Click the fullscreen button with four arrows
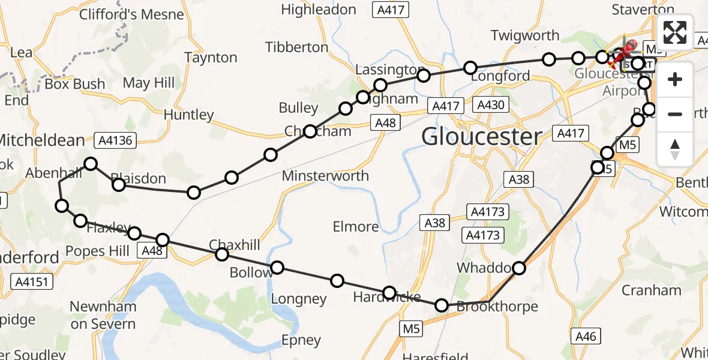coord(675,32)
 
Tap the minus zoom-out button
coord(675,114)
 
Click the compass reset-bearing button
coord(675,149)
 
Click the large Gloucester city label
coord(482,137)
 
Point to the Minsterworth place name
coord(325,176)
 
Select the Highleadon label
coord(319,10)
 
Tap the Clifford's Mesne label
coord(131,14)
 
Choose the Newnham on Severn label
coord(103,316)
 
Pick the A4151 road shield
coord(32,281)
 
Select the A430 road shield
coord(491,106)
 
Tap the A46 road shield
coord(586,336)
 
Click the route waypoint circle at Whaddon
coord(518,268)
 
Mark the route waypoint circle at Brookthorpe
coord(442,305)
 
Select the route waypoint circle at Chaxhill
coord(222,254)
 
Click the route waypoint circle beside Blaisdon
coord(119,185)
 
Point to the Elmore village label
coord(356,226)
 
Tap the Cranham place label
coord(651,290)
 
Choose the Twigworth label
coord(525,35)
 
